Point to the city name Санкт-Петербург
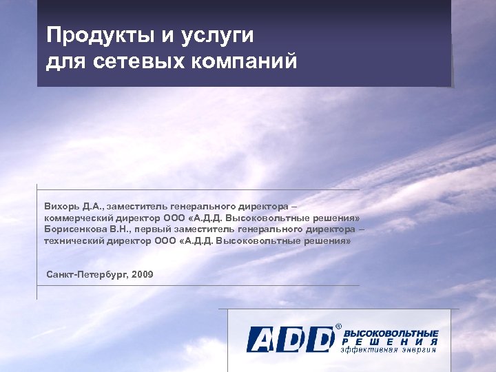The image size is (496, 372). point(87,275)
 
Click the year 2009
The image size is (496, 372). point(143,275)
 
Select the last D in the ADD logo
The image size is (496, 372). point(320,339)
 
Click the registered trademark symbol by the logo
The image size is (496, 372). point(338,327)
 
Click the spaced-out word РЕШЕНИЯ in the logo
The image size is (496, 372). point(390,342)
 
